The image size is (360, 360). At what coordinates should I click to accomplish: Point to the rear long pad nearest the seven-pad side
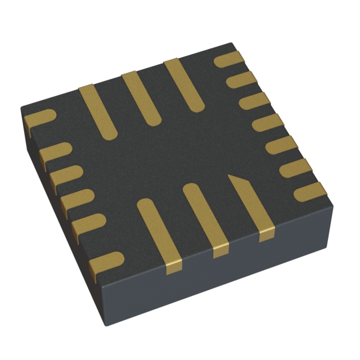pos(183,84)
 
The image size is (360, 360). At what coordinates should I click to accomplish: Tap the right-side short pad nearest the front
pos(306,190)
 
